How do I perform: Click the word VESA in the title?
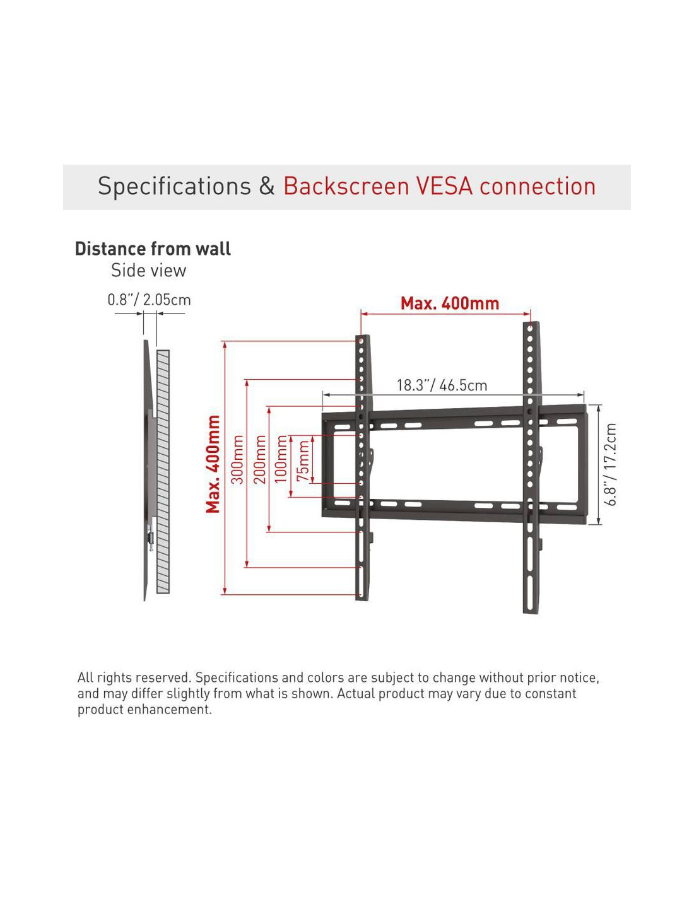tap(444, 186)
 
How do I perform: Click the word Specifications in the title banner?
tap(174, 187)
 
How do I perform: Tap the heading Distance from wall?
tap(153, 249)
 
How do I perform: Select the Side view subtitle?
tap(149, 271)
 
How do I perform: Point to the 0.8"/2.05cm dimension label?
tap(150, 300)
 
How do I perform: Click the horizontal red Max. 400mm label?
tap(450, 303)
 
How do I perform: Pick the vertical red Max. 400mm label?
tap(213, 464)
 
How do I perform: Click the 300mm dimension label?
tap(237, 459)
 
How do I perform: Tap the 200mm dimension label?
tap(260, 459)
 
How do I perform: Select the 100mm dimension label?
tap(281, 459)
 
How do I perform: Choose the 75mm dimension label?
tap(303, 460)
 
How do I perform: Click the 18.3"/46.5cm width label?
tap(442, 385)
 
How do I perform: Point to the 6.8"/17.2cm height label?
tap(610, 464)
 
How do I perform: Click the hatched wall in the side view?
tap(163, 472)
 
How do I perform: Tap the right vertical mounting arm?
tap(531, 467)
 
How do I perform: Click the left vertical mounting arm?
tap(363, 467)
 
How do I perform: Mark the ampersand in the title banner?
tap(267, 186)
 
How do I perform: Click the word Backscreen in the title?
tap(346, 186)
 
